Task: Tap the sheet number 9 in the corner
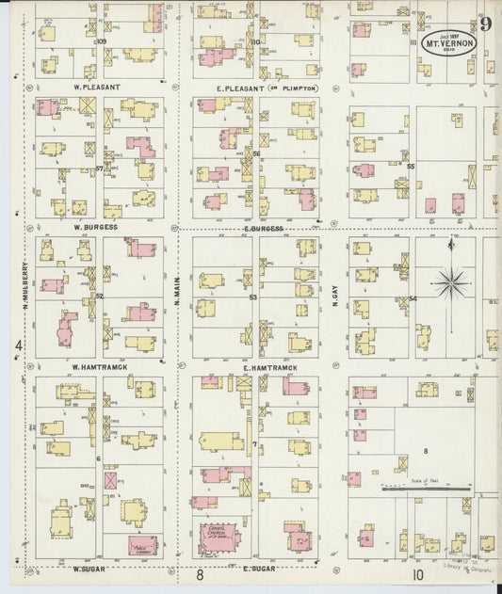[x=485, y=24]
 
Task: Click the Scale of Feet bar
[x=426, y=489]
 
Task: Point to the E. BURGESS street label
[x=264, y=228]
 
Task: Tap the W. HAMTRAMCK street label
[x=100, y=366]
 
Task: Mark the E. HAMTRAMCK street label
[x=270, y=367]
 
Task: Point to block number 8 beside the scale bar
[x=426, y=452]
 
